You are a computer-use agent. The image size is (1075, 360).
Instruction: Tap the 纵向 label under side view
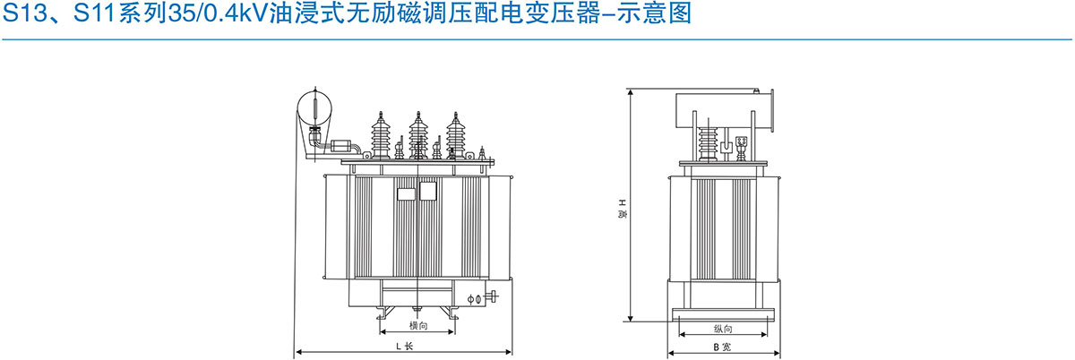point(724,330)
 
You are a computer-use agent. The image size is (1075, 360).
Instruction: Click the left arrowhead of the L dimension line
point(299,352)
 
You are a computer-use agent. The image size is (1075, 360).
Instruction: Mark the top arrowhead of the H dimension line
point(632,92)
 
